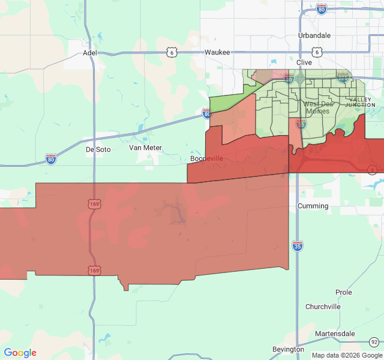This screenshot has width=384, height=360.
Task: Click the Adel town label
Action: tap(89, 52)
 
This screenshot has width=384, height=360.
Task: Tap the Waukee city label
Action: tap(217, 52)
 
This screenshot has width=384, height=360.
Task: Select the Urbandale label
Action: tap(314, 35)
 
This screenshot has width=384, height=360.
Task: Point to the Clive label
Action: tap(304, 62)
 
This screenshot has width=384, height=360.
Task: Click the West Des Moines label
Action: tap(317, 107)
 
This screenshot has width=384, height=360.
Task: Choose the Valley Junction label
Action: tap(360, 102)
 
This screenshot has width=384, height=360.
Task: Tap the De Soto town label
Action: tap(98, 149)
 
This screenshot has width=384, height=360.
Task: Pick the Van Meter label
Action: tap(145, 148)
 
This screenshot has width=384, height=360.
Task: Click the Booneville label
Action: tap(206, 158)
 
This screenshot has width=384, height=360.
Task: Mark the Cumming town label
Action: tap(313, 206)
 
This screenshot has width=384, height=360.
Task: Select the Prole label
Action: tap(344, 292)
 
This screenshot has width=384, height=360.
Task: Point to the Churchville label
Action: tap(323, 307)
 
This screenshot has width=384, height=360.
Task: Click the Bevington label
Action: tap(288, 349)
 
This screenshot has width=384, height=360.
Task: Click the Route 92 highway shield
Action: tap(374, 341)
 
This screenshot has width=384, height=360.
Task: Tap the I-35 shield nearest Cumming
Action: tap(298, 245)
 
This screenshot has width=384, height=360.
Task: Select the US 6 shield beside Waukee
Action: tap(172, 53)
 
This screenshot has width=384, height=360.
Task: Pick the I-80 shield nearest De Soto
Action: tap(51, 159)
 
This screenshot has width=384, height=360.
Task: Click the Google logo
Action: tap(20, 353)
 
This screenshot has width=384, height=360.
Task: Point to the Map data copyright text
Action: tap(346, 355)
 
